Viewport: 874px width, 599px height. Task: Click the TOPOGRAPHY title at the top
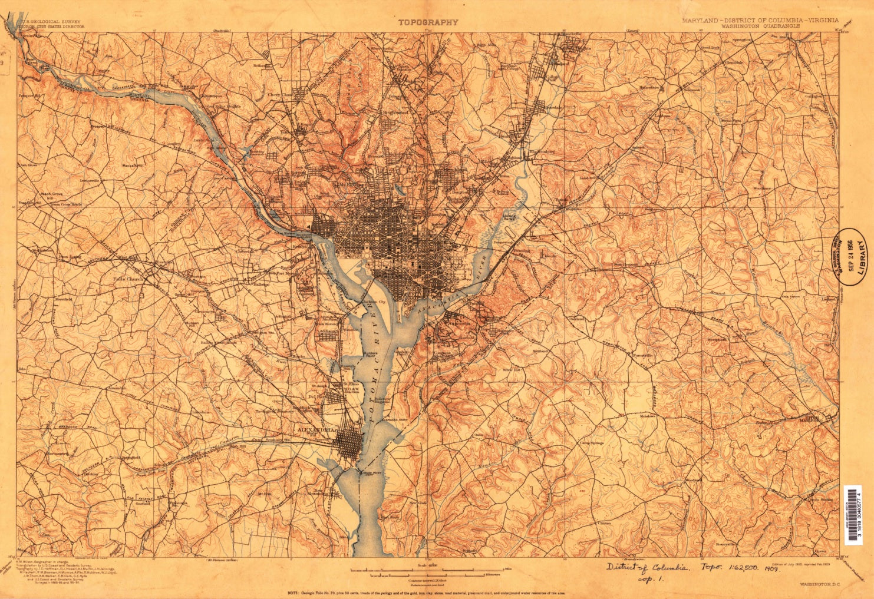(x=427, y=22)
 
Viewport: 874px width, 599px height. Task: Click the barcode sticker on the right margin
(x=852, y=514)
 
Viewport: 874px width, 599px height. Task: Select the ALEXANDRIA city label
(x=317, y=430)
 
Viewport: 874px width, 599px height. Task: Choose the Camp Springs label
(x=592, y=442)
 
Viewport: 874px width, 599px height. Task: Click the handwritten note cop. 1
(x=651, y=580)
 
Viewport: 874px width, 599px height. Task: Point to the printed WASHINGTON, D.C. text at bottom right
(x=819, y=584)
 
